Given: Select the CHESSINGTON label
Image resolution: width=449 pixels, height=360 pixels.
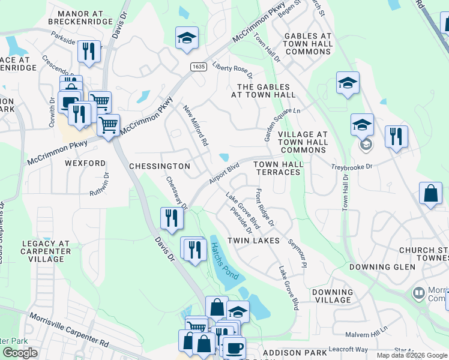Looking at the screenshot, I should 160,166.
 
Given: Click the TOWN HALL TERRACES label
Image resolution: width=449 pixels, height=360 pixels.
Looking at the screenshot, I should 277,168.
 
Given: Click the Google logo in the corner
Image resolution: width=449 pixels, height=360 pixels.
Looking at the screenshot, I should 20,353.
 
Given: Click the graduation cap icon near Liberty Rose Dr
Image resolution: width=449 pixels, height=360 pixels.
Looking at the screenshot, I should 187,37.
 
